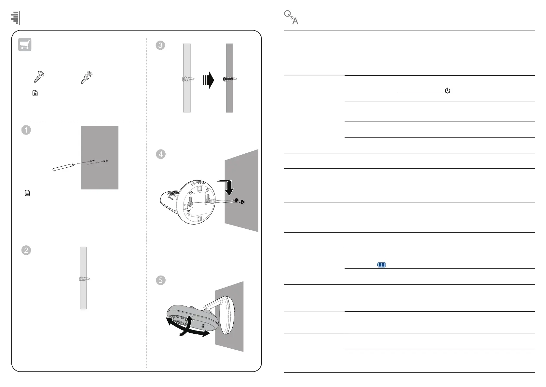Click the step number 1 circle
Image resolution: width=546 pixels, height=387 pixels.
coord(26,130)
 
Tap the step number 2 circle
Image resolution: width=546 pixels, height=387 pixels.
coord(26,250)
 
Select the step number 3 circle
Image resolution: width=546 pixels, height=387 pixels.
coord(160,45)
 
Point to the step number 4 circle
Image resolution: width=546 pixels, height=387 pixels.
coord(161,154)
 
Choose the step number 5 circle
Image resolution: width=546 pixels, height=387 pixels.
coord(161,280)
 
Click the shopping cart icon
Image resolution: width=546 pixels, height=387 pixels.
coord(25,45)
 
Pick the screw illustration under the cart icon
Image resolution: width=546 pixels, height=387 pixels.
coord(39,77)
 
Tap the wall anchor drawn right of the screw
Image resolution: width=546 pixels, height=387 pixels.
coord(87,77)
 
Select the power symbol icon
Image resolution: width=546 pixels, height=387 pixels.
coord(447,91)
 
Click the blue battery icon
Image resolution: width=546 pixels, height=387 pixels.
coord(381,265)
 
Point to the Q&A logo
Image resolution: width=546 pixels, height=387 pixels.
coord(291,17)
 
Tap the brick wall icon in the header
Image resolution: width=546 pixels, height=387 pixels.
coord(16,18)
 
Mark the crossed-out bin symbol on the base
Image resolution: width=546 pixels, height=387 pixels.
coord(188,213)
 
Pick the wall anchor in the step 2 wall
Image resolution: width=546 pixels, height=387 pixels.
coord(84,279)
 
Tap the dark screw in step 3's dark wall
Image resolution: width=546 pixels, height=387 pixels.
coord(230,79)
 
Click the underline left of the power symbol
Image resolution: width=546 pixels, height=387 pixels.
coord(420,93)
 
